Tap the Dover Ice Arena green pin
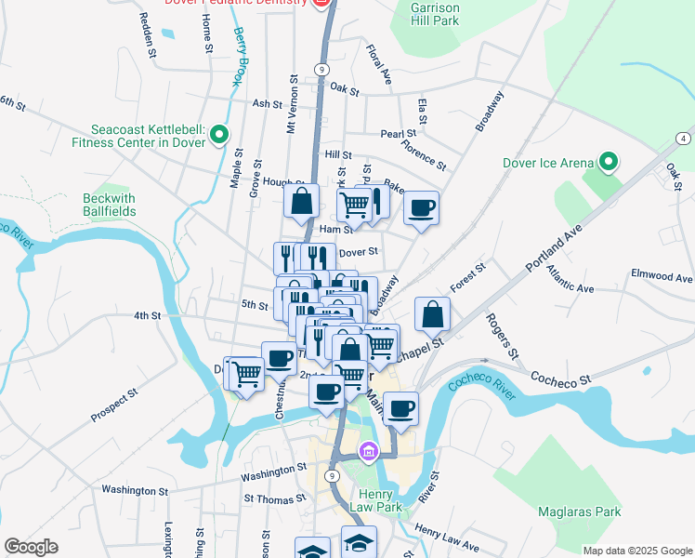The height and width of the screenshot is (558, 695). click(609, 163)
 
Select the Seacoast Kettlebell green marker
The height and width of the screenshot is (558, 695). click(219, 136)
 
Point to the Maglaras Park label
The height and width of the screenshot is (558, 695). click(578, 511)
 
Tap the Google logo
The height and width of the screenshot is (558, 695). click(31, 547)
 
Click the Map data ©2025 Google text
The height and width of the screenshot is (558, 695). click(636, 550)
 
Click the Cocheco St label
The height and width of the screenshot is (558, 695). click(560, 377)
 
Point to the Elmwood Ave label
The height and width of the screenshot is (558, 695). click(662, 277)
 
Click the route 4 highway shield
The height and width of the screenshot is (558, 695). click(683, 139)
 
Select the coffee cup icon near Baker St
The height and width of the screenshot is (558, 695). click(421, 207)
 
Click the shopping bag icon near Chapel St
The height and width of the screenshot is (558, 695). click(433, 313)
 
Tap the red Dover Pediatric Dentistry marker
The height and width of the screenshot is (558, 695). click(322, 4)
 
